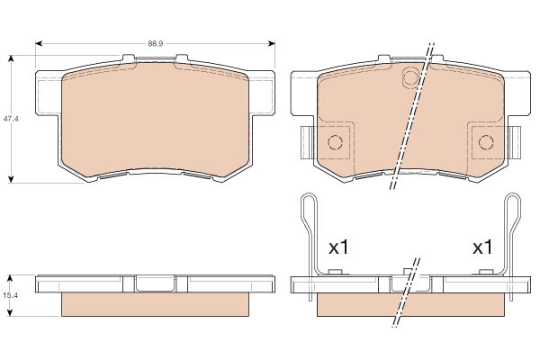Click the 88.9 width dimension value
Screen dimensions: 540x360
click(156, 44)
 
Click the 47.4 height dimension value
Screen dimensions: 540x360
click(11, 119)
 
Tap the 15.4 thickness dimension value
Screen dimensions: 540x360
click(11, 295)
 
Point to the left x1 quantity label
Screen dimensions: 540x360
click(339, 247)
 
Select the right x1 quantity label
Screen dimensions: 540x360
click(482, 247)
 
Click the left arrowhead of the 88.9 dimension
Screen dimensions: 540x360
click(39, 43)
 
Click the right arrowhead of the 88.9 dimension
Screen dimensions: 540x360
click(272, 43)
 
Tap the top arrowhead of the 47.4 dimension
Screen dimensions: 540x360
click(11, 58)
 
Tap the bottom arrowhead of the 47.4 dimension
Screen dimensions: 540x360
click(11, 179)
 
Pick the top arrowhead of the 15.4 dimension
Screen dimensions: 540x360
click(10, 278)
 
